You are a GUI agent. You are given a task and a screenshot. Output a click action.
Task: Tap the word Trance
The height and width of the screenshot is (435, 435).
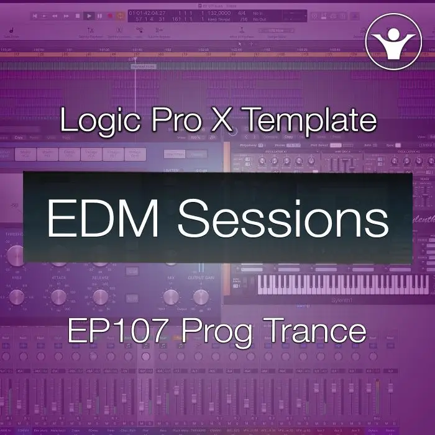pyautogui.click(x=319, y=331)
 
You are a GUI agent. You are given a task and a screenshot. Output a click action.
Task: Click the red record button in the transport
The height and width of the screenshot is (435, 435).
pyautogui.click(x=110, y=16)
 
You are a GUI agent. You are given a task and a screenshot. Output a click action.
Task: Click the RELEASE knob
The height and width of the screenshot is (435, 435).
pyautogui.click(x=97, y=297)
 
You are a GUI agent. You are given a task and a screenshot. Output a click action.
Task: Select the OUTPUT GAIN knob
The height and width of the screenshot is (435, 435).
pyautogui.click(x=200, y=297)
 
